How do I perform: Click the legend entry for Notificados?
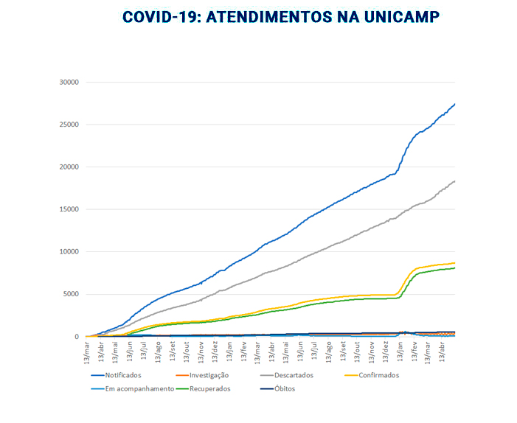click(x=123, y=375)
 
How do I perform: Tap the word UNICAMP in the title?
click(x=401, y=17)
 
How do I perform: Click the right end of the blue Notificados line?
click(x=455, y=104)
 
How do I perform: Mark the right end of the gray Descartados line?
click(x=455, y=181)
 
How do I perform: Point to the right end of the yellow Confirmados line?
click(x=455, y=263)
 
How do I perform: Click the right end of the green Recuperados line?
click(x=455, y=268)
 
